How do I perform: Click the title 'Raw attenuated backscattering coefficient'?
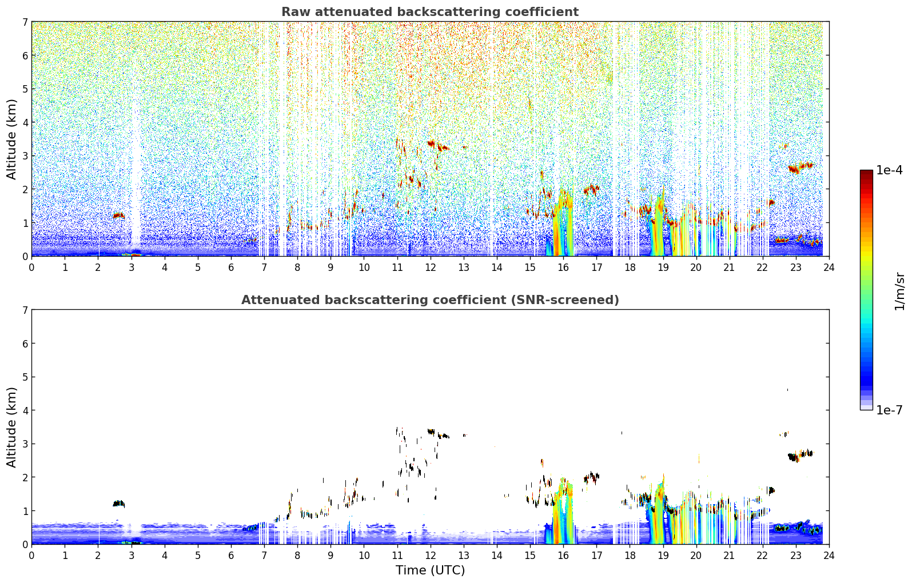429,12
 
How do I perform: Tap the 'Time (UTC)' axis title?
430,570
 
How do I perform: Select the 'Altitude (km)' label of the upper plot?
11,139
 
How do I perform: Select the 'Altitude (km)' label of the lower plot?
11,427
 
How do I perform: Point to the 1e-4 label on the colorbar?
889,170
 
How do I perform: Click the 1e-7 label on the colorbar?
889,410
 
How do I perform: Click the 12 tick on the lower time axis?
430,556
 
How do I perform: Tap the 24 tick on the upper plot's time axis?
829,267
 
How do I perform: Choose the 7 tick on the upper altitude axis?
25,22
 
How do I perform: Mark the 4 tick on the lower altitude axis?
25,410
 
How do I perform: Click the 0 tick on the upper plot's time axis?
31,267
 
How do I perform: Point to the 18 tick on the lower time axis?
630,556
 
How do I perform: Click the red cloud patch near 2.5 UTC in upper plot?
118,215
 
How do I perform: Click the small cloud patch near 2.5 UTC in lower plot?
118,504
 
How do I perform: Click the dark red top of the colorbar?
866,173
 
